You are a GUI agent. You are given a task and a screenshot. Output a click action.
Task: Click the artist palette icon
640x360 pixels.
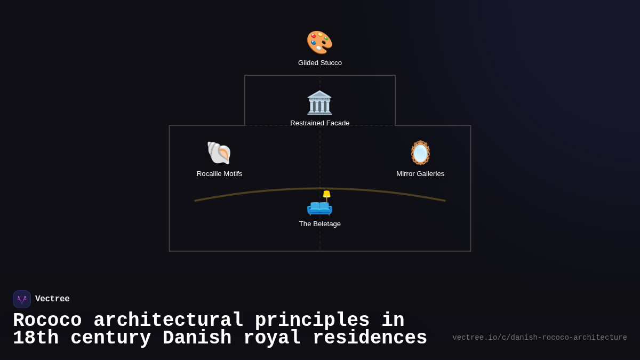tap(319, 42)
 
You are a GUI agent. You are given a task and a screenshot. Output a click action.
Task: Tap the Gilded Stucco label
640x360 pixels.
tap(320, 63)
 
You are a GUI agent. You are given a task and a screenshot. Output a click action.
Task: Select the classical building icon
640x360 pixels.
tap(319, 103)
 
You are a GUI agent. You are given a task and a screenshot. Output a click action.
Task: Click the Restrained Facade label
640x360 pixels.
tap(319, 123)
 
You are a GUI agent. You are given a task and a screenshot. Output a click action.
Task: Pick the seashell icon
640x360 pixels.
tap(219, 153)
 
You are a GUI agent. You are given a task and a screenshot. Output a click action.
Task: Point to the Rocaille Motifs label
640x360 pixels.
tap(219, 174)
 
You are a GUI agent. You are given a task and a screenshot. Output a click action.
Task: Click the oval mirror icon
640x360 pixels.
tap(420, 153)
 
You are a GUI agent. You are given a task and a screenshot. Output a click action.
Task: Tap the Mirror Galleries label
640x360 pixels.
tap(420, 174)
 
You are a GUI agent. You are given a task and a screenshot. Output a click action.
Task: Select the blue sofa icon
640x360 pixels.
tap(319, 208)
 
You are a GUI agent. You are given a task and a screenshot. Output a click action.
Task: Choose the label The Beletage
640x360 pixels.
tap(320, 223)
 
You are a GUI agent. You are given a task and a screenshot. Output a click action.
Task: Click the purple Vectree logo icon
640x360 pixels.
tap(22, 299)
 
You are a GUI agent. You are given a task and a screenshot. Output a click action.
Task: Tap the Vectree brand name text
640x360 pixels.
tap(52, 299)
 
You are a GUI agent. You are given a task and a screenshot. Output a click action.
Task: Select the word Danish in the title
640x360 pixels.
tap(197, 338)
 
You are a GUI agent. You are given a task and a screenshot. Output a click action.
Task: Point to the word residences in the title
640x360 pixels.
tap(370, 338)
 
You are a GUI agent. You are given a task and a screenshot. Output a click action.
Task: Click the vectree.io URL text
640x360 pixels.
tap(540, 338)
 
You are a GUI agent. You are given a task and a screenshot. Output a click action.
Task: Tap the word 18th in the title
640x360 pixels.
tap(36, 338)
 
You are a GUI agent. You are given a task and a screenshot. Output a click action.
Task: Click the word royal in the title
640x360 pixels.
tap(272, 338)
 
